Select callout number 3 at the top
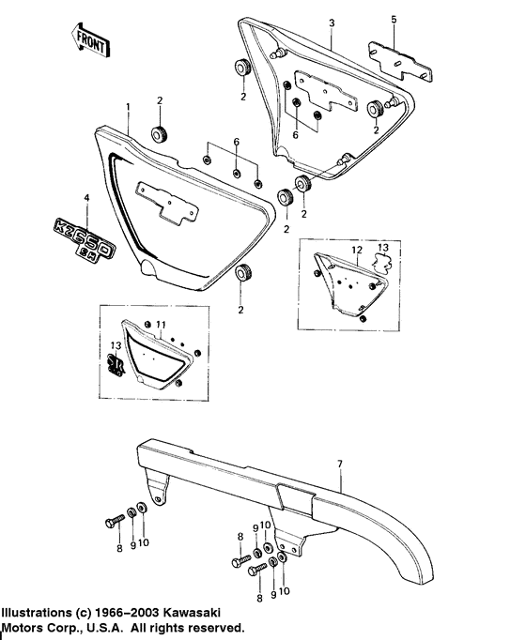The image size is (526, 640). click(x=332, y=22)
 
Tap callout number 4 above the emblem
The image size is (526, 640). click(x=85, y=198)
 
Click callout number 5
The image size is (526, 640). click(x=394, y=19)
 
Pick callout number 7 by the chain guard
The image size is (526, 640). click(x=341, y=463)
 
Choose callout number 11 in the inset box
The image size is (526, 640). click(x=161, y=324)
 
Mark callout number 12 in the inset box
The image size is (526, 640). click(x=356, y=251)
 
